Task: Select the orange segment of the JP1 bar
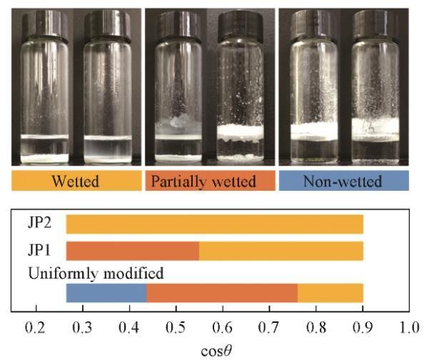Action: click(x=133, y=251)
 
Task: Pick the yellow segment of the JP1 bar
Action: click(x=281, y=251)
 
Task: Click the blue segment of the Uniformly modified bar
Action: click(x=106, y=293)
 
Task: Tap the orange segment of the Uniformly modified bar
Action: click(x=222, y=293)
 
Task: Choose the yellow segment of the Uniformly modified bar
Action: click(x=330, y=293)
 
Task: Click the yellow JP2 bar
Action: click(x=214, y=224)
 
